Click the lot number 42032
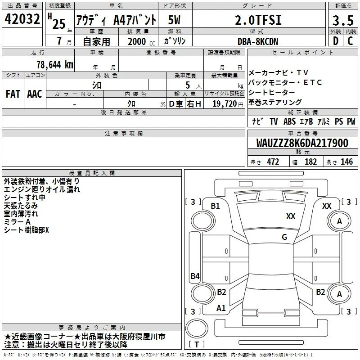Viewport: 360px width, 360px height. (22, 19)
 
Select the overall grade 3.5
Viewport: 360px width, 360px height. (343, 20)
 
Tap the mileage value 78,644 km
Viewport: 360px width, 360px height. (55, 64)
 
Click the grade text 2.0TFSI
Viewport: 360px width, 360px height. (258, 20)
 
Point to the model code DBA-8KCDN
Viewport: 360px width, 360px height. (258, 41)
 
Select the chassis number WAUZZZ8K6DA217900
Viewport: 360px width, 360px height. (302, 143)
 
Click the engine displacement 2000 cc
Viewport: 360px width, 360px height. (141, 41)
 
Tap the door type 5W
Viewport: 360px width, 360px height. (174, 20)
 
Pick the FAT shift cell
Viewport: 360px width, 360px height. (13, 94)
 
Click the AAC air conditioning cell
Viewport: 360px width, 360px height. (35, 94)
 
